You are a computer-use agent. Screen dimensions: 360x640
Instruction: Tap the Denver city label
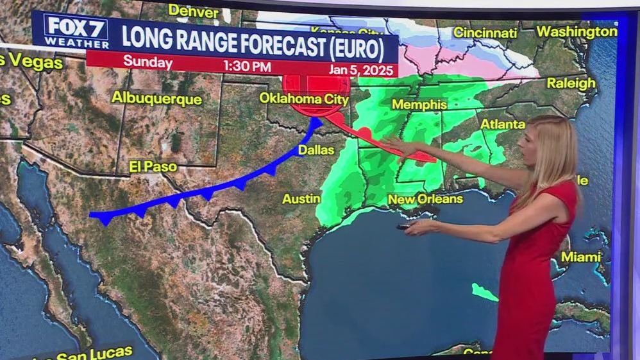193,10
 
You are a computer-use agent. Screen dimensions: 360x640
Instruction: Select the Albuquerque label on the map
156,98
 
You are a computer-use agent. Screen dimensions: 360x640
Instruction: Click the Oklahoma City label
304,99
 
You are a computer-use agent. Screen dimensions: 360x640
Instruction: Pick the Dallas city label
316,150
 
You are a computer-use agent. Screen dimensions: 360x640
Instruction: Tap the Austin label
301,198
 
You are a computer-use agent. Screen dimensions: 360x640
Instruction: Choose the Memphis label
419,104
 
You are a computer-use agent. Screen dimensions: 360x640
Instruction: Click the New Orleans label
425,199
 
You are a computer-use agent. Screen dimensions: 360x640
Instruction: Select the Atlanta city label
503,123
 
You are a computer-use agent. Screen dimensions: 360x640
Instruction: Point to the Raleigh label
571,83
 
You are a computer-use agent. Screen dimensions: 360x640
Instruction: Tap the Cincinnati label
485,32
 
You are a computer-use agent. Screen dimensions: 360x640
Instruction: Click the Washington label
577,31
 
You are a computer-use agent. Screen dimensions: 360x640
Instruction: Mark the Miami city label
581,257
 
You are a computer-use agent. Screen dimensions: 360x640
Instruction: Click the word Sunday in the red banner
147,63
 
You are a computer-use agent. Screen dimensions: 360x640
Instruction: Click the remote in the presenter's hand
404,226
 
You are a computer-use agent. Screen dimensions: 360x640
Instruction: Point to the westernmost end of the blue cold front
91,214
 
